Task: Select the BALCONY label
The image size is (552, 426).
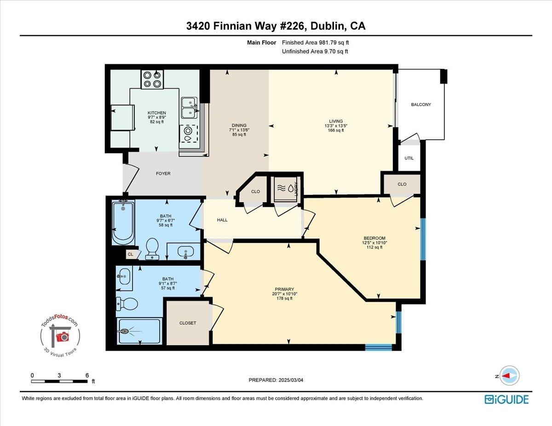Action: (421, 104)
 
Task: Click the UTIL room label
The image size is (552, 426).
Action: (409, 158)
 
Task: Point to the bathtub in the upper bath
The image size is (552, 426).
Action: (123, 222)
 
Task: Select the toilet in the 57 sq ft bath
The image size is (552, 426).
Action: (126, 304)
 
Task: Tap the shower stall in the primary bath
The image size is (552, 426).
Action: (138, 331)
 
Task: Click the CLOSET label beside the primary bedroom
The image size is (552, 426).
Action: (187, 323)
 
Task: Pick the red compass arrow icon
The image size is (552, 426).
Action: (509, 375)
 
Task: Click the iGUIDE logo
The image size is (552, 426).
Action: (506, 399)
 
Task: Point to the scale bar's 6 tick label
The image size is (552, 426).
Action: (87, 375)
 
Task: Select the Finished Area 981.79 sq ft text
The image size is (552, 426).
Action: (318, 43)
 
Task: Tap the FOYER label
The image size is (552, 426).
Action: (163, 173)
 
